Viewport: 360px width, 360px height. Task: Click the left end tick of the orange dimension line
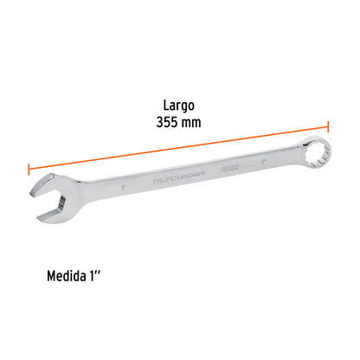[x=29, y=170]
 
